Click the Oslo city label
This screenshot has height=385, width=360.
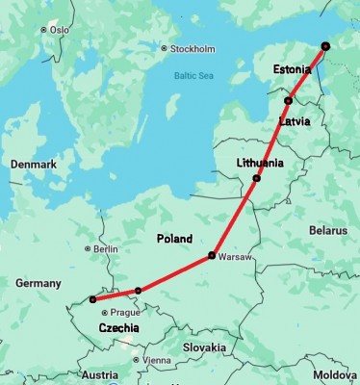point(57,30)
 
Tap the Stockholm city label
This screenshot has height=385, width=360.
point(192,48)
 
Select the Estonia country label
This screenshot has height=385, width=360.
point(292,69)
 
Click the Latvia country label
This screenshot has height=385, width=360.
point(293,122)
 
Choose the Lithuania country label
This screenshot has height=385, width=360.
point(260,163)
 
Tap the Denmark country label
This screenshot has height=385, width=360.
point(34,165)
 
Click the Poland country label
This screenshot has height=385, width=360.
point(174,238)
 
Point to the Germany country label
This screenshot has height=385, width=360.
point(39,283)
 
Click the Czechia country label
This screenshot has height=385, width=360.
point(118,328)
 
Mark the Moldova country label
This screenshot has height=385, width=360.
point(335,373)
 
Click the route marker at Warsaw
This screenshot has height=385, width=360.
point(211,256)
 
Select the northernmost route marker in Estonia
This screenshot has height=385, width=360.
point(325,45)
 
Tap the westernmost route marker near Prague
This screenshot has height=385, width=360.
point(92,299)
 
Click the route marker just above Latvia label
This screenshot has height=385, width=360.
point(288,101)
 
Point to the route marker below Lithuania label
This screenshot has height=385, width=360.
point(256,179)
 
